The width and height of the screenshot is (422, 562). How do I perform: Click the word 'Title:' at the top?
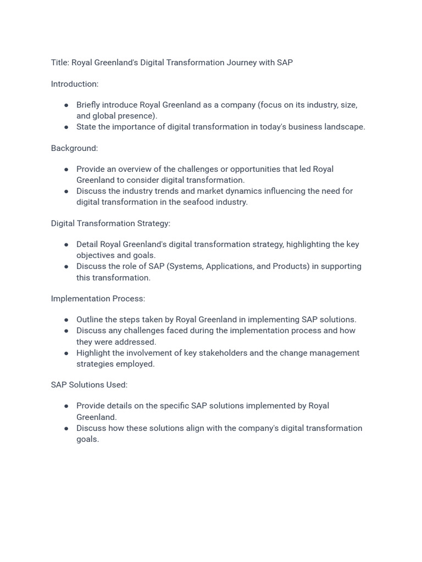(x=60, y=63)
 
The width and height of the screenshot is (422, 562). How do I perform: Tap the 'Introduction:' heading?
(x=75, y=84)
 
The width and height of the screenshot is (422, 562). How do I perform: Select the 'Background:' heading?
(x=74, y=148)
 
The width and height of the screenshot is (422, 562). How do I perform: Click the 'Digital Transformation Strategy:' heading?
(x=110, y=223)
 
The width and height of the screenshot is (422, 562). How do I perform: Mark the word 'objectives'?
(x=95, y=255)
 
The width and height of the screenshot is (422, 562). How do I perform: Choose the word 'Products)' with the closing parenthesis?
(x=276, y=266)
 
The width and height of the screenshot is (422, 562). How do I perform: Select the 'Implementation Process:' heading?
(x=98, y=299)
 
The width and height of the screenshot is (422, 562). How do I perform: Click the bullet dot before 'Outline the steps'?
(x=66, y=320)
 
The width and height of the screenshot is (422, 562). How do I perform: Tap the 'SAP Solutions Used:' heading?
(x=89, y=385)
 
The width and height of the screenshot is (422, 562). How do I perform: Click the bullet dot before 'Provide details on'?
(x=66, y=406)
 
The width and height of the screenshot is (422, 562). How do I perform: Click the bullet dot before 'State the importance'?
(x=66, y=127)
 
